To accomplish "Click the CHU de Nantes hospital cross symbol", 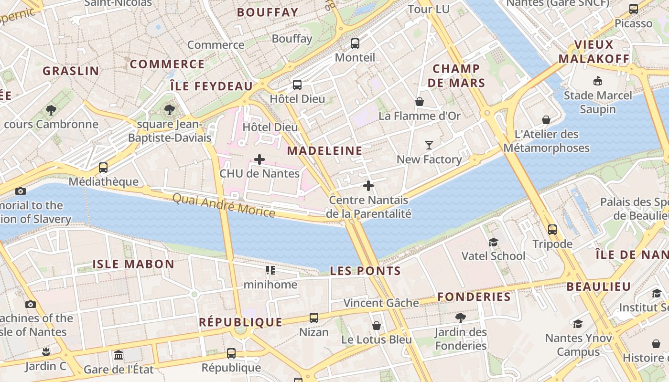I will pyautogui.click(x=259, y=159).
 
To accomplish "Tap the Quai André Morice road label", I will pyautogui.click(x=223, y=205).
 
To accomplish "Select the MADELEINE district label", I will pyautogui.click(x=324, y=151).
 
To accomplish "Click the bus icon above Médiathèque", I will pyautogui.click(x=103, y=168).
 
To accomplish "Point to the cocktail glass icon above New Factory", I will pyautogui.click(x=429, y=145).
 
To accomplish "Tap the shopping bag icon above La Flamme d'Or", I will pyautogui.click(x=420, y=102).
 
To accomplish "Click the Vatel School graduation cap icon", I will pyautogui.click(x=493, y=242).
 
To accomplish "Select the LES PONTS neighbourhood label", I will pyautogui.click(x=366, y=271).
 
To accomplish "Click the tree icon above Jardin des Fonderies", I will pyautogui.click(x=461, y=318).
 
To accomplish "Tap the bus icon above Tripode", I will pyautogui.click(x=552, y=230).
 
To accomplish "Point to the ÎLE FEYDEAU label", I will pyautogui.click(x=211, y=86).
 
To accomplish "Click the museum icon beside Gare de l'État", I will pyautogui.click(x=119, y=355).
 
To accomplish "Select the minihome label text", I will pyautogui.click(x=270, y=285).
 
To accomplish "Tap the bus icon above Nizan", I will pyautogui.click(x=314, y=318).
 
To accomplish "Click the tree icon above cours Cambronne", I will pyautogui.click(x=51, y=110).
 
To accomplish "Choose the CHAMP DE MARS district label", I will pyautogui.click(x=456, y=76).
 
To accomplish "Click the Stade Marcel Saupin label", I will pyautogui.click(x=597, y=102).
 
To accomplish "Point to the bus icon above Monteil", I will pyautogui.click(x=355, y=43).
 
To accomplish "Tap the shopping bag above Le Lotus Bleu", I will pyautogui.click(x=377, y=326).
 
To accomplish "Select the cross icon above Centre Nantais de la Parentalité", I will pyautogui.click(x=368, y=186).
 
